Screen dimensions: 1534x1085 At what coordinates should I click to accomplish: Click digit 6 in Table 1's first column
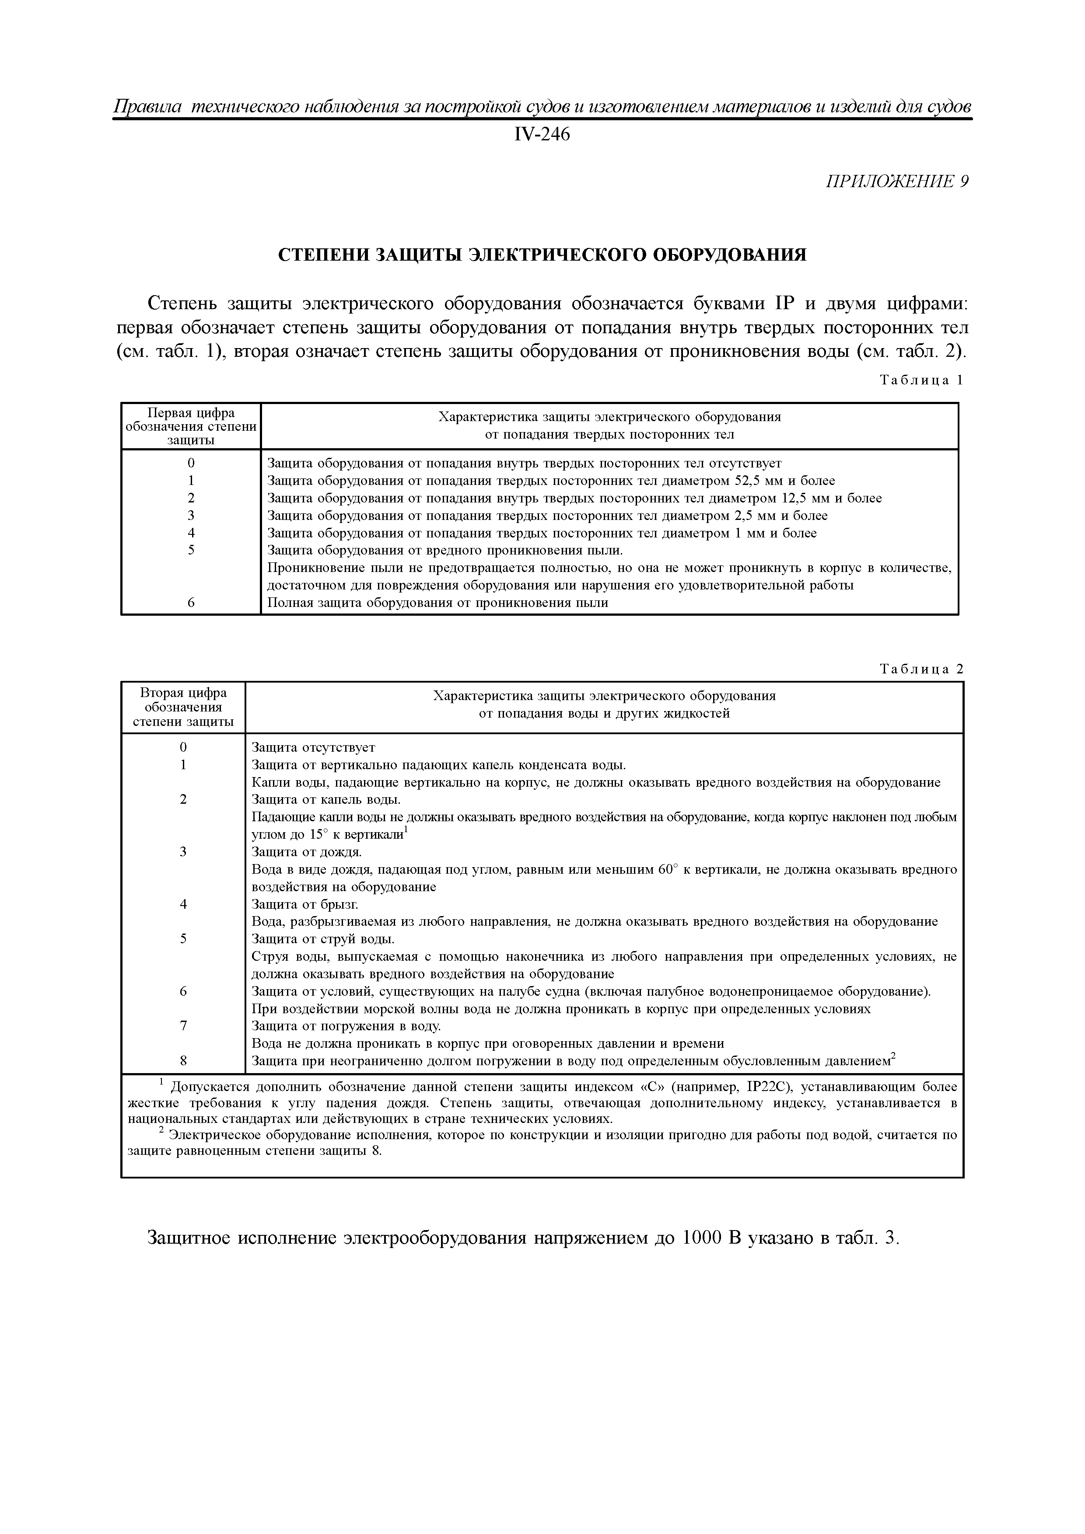pyautogui.click(x=191, y=602)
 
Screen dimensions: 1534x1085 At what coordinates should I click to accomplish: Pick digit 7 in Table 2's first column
pyautogui.click(x=183, y=1025)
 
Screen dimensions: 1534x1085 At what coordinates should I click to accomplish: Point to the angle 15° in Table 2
pyautogui.click(x=316, y=834)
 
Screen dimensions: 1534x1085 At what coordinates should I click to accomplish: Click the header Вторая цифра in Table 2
pyautogui.click(x=183, y=693)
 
